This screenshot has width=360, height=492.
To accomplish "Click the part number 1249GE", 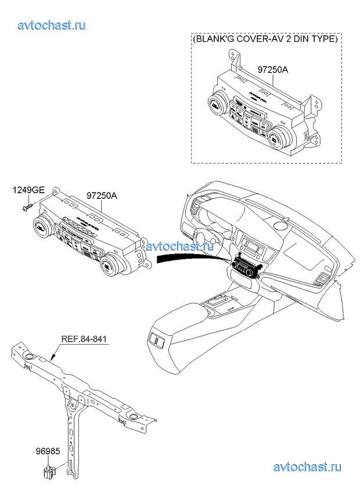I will (28, 190).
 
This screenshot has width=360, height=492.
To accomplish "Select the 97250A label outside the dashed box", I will (102, 196).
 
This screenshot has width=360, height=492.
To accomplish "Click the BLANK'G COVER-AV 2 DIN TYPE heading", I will (265, 39).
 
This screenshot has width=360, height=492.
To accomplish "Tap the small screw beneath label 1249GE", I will (26, 207).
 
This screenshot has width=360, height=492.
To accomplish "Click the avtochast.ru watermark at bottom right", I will (307, 466).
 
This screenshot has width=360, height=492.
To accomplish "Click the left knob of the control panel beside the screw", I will (41, 228).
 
